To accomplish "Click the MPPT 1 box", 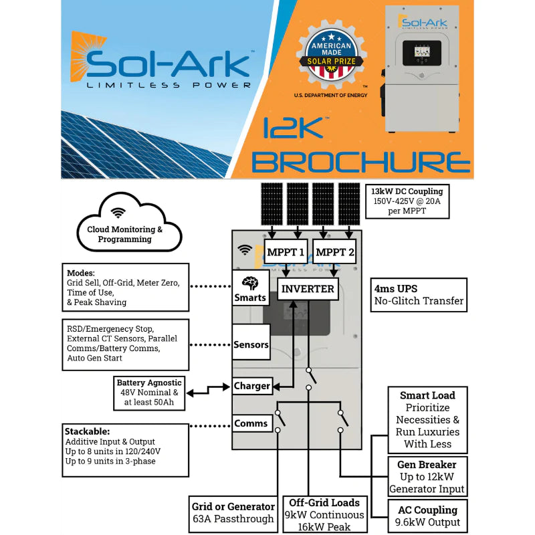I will point(286,252).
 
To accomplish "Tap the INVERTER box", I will point(308,289).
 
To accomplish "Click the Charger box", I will point(252,386).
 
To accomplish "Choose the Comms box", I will point(251,423).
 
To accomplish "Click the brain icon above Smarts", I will point(250,282).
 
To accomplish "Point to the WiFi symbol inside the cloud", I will point(118,213).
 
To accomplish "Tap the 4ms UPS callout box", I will point(419,294).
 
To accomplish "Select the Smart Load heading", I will point(427,395).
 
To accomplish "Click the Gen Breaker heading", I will point(427,464).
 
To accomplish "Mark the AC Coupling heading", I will point(427,510).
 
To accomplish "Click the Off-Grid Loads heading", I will point(324,502).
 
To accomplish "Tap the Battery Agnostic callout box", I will point(148,393).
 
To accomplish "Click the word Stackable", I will point(88,431).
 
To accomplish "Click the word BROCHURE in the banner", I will point(361,161).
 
